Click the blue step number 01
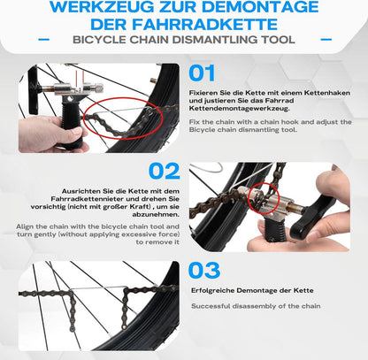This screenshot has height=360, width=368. point(202,73)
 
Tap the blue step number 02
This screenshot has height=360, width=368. point(165,172)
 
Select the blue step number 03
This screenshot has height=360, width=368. point(204,271)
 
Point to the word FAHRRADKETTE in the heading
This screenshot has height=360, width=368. point(205,24)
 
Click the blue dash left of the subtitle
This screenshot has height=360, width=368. point(44,39)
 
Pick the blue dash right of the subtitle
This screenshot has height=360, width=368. point(326,39)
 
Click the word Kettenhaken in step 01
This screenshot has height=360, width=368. point(327,93)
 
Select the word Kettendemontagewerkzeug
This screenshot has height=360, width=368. point(240,109)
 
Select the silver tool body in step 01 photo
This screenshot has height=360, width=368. point(77,88)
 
